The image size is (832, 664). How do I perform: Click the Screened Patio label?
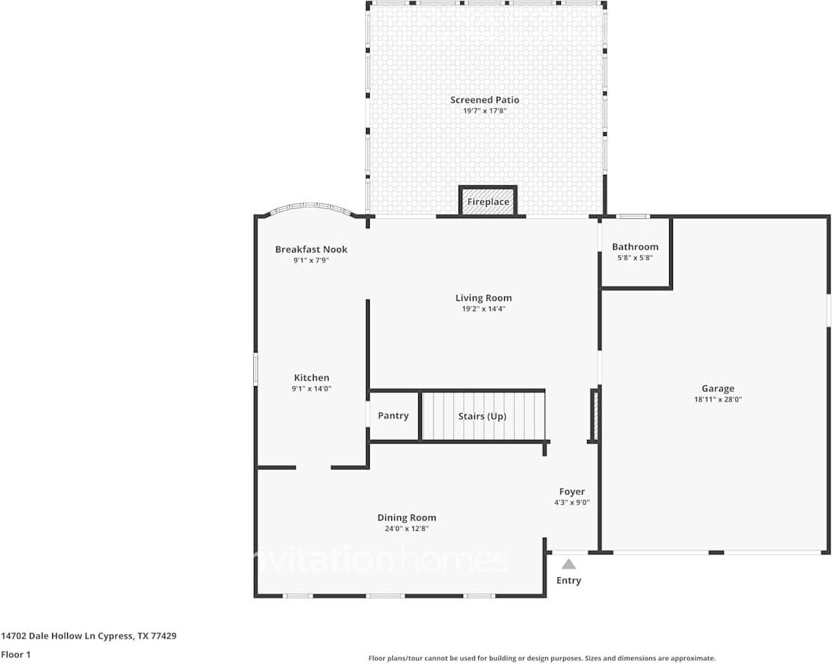tap(484, 100)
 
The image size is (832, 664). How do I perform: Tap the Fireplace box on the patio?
tap(488, 202)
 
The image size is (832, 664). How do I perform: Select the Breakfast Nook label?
tap(311, 249)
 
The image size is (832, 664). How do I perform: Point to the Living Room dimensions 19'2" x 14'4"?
tap(483, 308)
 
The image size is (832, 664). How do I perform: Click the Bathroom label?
tap(635, 246)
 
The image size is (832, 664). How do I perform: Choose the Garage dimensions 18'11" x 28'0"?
tap(717, 399)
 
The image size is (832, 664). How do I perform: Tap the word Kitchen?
tap(311, 378)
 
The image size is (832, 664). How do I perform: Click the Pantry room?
tap(393, 415)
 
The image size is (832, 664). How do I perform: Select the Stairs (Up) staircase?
tap(482, 416)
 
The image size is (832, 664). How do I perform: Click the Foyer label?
tap(572, 491)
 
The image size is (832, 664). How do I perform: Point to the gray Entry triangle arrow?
tap(569, 564)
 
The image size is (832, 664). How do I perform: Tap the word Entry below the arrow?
tap(568, 580)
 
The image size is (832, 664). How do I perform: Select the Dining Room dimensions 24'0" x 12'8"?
tap(406, 528)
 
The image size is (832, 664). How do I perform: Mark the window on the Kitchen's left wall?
tap(255, 369)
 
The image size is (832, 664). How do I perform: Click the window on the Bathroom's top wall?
tap(633, 217)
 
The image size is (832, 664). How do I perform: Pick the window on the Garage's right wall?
tap(828, 310)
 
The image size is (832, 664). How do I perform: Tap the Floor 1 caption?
tap(16, 654)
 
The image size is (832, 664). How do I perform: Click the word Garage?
tap(717, 388)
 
